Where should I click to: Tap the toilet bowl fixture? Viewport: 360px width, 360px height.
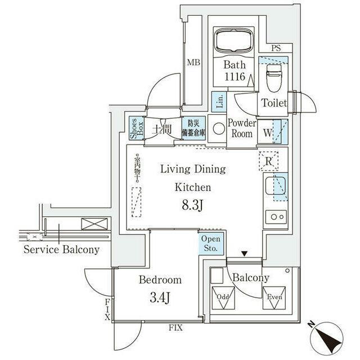tap(273, 79)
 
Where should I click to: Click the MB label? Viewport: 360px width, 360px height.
tap(193, 63)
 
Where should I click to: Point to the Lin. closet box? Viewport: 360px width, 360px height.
tap(219, 102)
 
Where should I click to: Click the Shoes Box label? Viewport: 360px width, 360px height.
tap(135, 129)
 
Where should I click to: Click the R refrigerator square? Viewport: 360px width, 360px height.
tap(269, 161)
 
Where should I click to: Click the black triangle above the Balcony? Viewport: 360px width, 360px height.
tap(244, 254)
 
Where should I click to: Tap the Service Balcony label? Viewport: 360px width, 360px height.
tap(62, 250)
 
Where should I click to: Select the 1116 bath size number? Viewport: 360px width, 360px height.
tap(234, 77)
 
